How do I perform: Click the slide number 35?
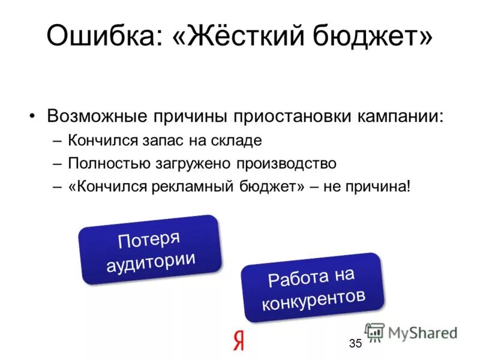tap(355, 343)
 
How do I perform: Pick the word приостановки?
tap(288, 115)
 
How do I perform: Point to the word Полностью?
tap(105, 163)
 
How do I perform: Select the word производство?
tap(285, 163)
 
